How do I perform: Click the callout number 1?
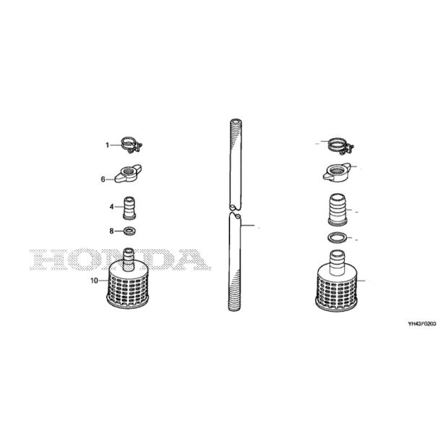(x=107, y=145)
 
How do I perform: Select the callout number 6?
(x=103, y=179)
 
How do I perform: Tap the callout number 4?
(x=111, y=207)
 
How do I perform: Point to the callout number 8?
(x=111, y=231)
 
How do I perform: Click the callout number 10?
(x=94, y=281)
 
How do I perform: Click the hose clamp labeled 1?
(x=132, y=145)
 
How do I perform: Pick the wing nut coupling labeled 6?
(x=128, y=174)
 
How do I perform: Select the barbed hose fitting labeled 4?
(x=129, y=208)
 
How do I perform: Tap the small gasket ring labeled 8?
(x=129, y=231)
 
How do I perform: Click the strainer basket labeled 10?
(x=129, y=284)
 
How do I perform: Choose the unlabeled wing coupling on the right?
(x=337, y=171)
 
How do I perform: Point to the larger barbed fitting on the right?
(x=338, y=210)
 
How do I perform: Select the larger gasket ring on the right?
(x=338, y=237)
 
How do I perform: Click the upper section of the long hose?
(x=236, y=165)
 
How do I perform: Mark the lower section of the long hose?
(x=234, y=262)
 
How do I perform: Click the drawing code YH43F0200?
(x=422, y=324)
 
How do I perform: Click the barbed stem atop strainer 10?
(x=129, y=259)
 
